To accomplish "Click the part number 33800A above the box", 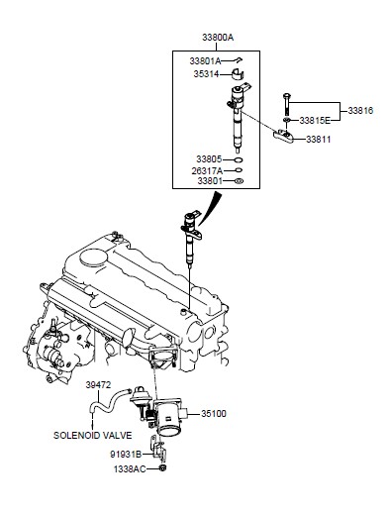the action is click(218, 38).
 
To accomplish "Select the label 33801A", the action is click(205, 61).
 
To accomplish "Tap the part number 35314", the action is click(206, 74).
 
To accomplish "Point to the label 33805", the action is click(209, 159).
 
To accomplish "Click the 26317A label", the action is click(207, 171).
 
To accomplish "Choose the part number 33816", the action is click(360, 111).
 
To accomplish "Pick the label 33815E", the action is click(315, 121).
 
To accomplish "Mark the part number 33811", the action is click(319, 140).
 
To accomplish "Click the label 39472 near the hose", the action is click(98, 385).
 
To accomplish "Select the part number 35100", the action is click(214, 414).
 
